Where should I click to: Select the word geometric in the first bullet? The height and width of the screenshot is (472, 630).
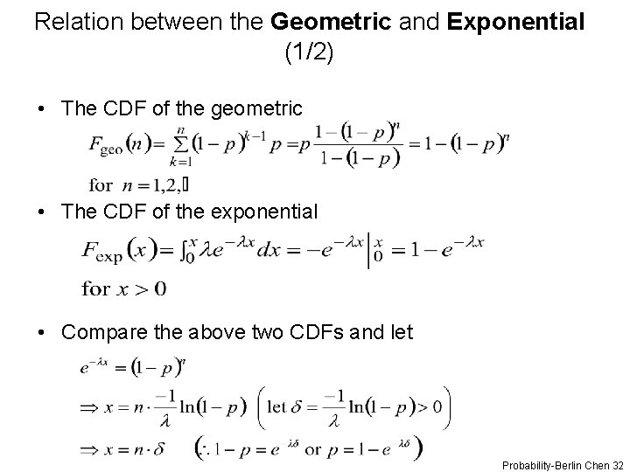click(x=259, y=109)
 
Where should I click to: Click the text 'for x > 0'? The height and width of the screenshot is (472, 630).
click(x=123, y=288)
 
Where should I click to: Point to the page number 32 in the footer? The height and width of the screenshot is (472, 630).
click(x=619, y=464)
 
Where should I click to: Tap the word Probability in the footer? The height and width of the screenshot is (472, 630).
click(x=522, y=464)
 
